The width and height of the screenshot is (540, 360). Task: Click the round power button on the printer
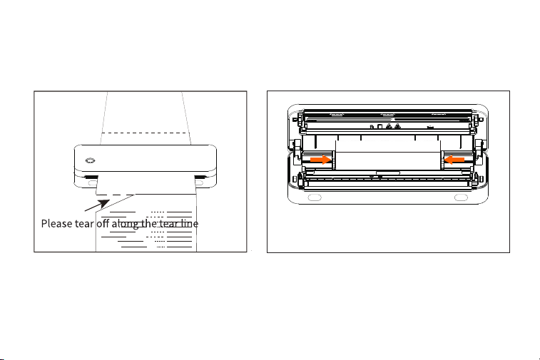pos(90,160)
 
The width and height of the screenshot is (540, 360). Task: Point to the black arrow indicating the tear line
pos(97,205)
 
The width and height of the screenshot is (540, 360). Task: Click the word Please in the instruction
pos(57,224)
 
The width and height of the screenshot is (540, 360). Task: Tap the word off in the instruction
pos(103,223)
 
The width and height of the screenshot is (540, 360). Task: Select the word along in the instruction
pos(125,224)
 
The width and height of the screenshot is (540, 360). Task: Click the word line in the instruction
pos(190,223)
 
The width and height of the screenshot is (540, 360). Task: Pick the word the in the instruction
pos(149,223)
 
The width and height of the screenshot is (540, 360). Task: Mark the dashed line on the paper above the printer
pos(146,133)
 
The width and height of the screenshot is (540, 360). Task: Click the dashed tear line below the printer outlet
pos(116,195)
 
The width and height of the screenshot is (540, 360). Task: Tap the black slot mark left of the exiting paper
pos(91,178)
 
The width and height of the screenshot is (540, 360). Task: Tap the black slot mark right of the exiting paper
pos(200,178)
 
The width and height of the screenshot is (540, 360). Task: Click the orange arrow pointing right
pos(320,160)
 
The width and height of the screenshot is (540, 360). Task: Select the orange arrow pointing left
pos(454,160)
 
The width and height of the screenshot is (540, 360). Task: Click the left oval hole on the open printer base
pos(315,197)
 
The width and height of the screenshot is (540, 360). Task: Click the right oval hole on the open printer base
pos(461,197)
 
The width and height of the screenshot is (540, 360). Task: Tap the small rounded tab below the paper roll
pos(388,173)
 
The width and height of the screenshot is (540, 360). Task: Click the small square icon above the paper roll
pos(379,127)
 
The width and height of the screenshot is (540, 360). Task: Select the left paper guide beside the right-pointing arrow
pos(333,160)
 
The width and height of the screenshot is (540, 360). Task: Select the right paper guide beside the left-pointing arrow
pos(442,160)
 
